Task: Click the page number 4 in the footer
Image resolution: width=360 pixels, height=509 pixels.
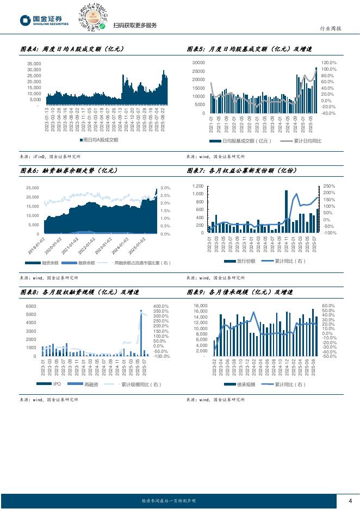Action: (x=350, y=501)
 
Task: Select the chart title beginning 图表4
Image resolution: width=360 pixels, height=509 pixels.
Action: (x=72, y=49)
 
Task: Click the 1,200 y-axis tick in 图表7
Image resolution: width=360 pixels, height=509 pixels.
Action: (x=197, y=186)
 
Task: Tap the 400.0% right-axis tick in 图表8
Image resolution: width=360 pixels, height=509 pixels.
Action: (x=160, y=306)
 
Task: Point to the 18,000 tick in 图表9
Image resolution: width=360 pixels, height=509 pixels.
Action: (x=200, y=306)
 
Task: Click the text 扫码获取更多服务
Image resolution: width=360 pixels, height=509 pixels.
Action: (x=135, y=26)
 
